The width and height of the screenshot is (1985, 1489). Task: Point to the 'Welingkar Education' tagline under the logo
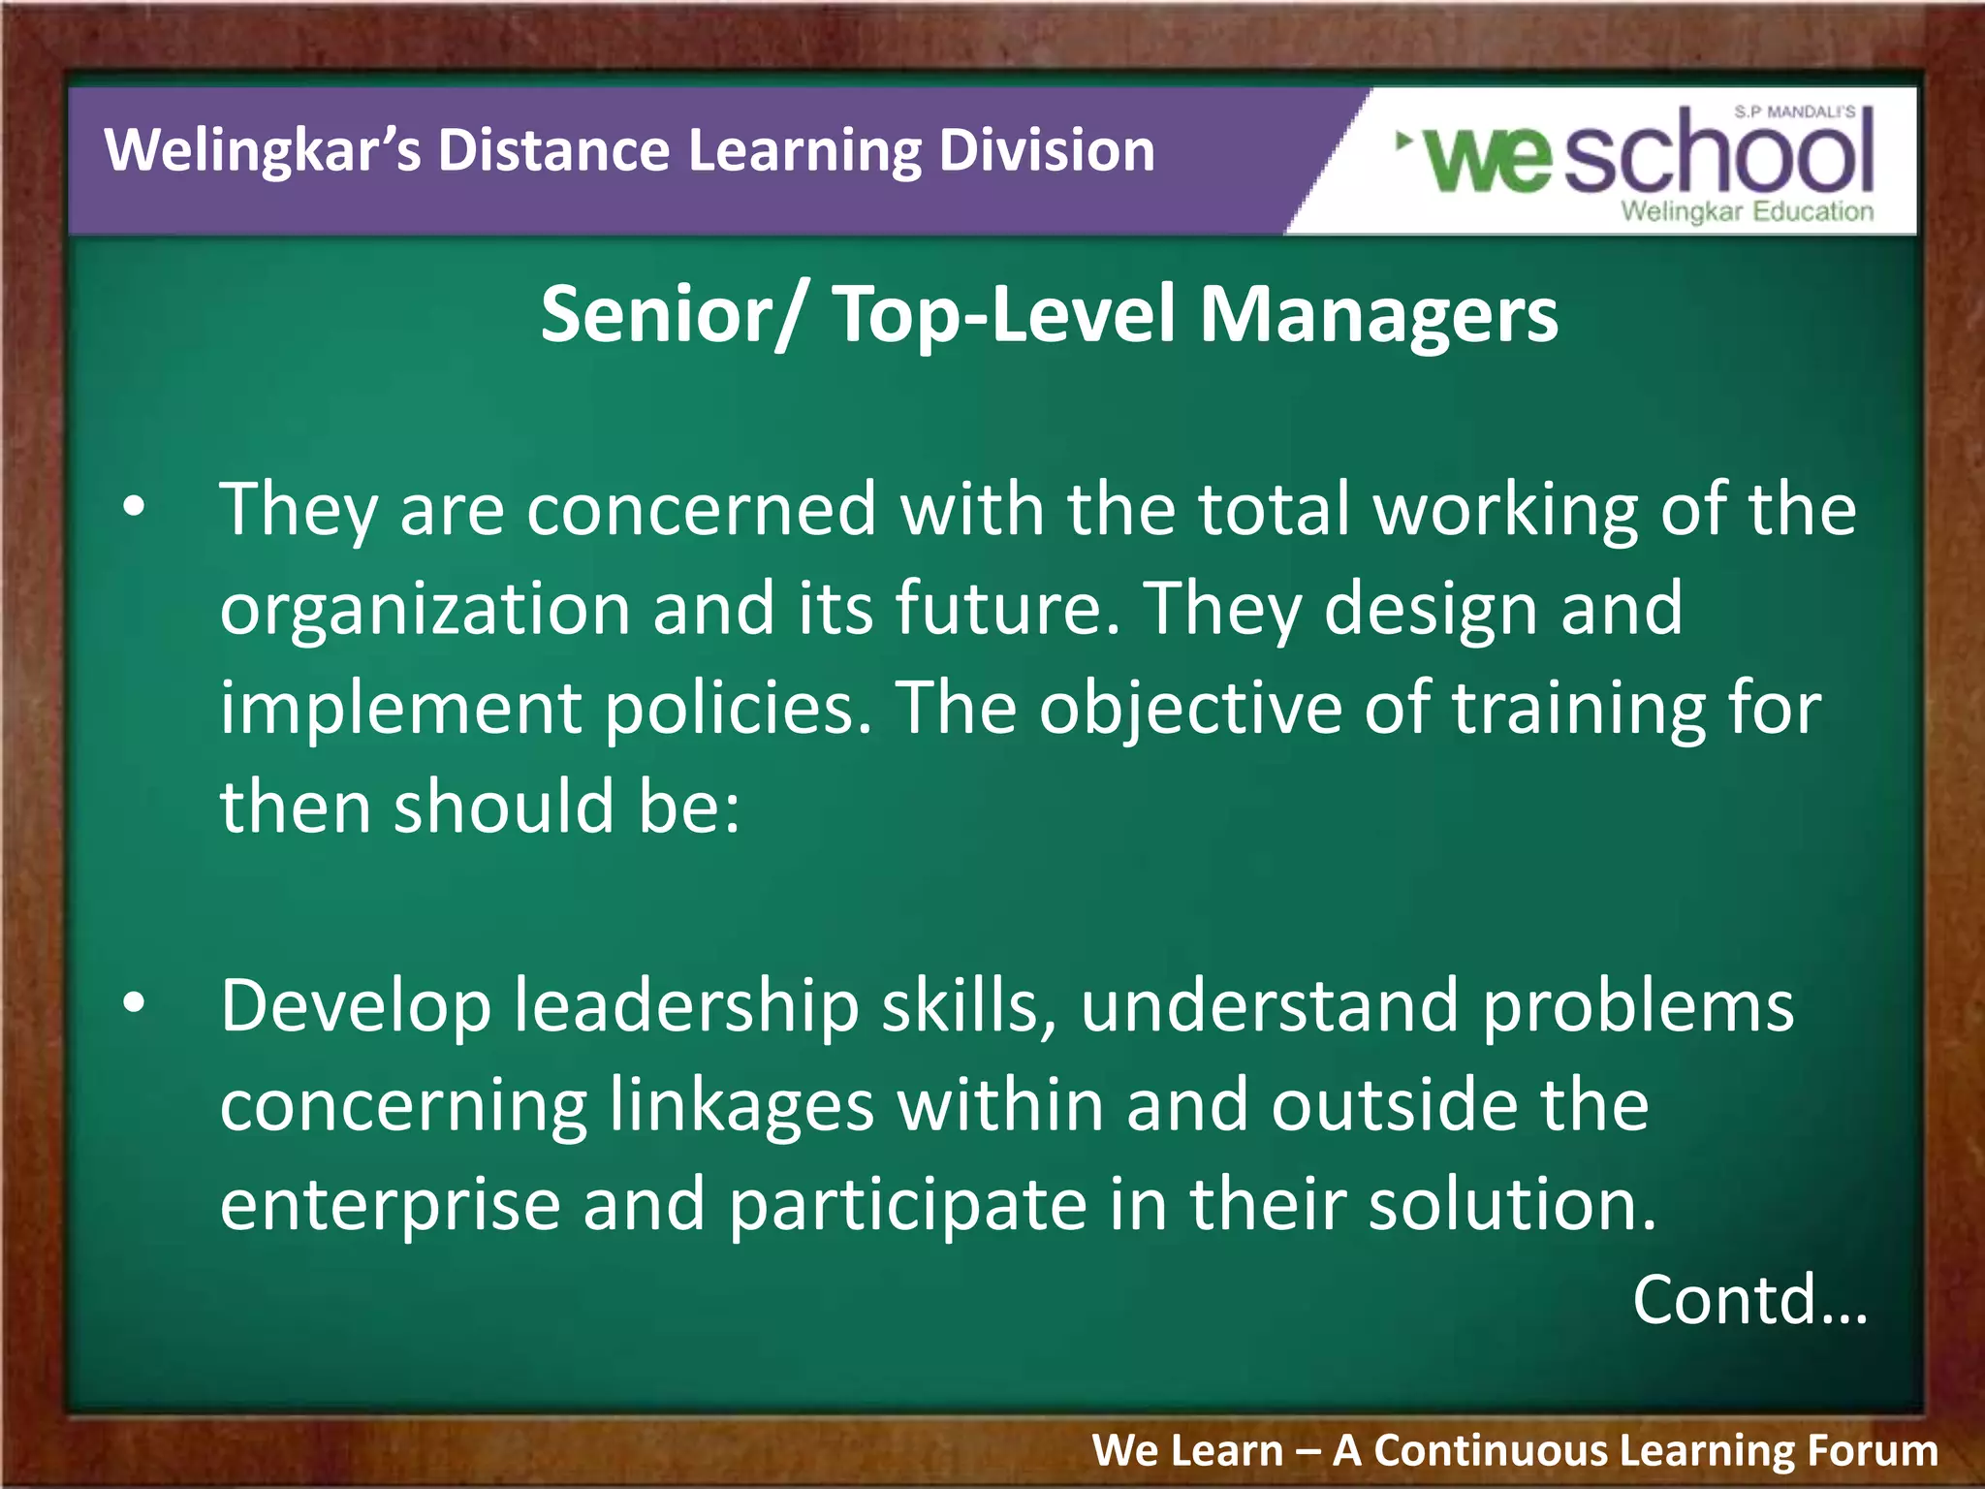pyautogui.click(x=1747, y=211)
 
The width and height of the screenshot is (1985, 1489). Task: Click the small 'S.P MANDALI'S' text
pyautogui.click(x=1794, y=112)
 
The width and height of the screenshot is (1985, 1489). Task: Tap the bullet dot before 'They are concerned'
pyautogui.click(x=134, y=506)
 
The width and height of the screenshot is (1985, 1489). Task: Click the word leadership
pyautogui.click(x=686, y=1006)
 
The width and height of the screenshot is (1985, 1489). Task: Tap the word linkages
pyautogui.click(x=741, y=1107)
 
